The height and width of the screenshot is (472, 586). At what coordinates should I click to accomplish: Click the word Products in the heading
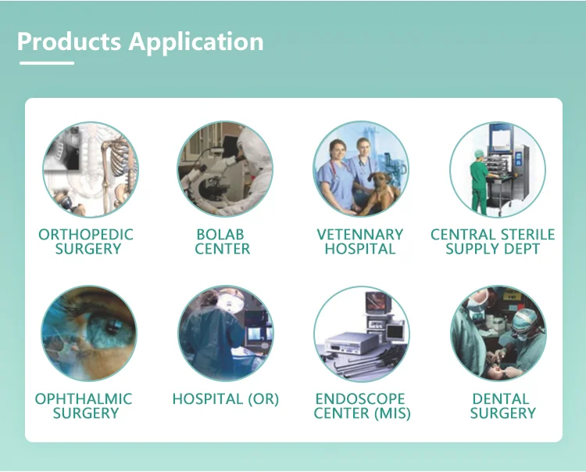[69, 41]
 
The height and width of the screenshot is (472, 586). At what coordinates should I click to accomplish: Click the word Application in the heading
[196, 42]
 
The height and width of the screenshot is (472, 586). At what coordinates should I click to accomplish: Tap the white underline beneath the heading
[47, 63]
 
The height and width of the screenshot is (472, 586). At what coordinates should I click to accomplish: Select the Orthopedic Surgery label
[86, 241]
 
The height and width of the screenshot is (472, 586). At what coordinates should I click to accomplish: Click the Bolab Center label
[223, 241]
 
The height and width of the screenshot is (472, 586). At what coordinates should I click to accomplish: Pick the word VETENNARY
[360, 235]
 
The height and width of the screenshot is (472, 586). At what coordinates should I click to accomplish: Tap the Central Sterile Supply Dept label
[492, 241]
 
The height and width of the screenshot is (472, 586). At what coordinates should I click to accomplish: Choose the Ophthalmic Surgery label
[84, 405]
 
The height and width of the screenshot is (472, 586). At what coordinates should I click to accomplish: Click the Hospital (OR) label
[225, 399]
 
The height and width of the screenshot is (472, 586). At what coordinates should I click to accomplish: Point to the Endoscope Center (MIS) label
[362, 405]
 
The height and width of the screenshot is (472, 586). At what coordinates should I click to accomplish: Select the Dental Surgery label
[502, 405]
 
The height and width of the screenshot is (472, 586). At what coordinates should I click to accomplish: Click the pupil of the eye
[112, 326]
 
